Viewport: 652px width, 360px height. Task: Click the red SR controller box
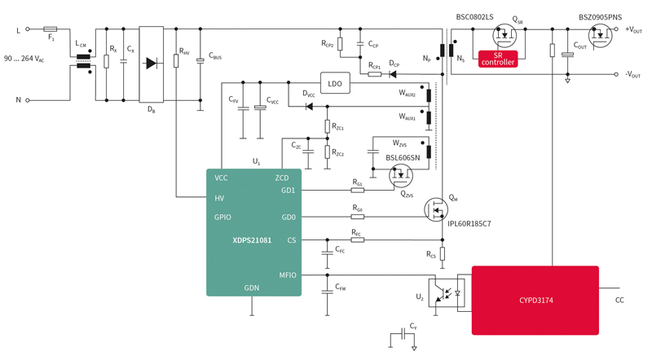[x=498, y=58]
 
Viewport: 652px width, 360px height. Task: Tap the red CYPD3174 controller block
[x=535, y=301]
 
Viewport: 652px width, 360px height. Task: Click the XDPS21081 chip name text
[x=252, y=240]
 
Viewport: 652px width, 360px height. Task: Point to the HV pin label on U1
[x=220, y=197]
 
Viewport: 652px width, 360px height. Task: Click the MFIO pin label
[x=287, y=275]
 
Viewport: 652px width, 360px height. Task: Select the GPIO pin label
[x=223, y=217]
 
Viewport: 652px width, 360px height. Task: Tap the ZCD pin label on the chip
[x=281, y=178]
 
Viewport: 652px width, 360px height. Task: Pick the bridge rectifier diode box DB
[x=152, y=64]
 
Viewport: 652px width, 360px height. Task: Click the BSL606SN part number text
[x=403, y=158]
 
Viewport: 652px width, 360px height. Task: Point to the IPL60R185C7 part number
[x=469, y=223]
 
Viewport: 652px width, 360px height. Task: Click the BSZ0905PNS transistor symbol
[x=601, y=35]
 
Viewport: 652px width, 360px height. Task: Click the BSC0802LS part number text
[x=474, y=16]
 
